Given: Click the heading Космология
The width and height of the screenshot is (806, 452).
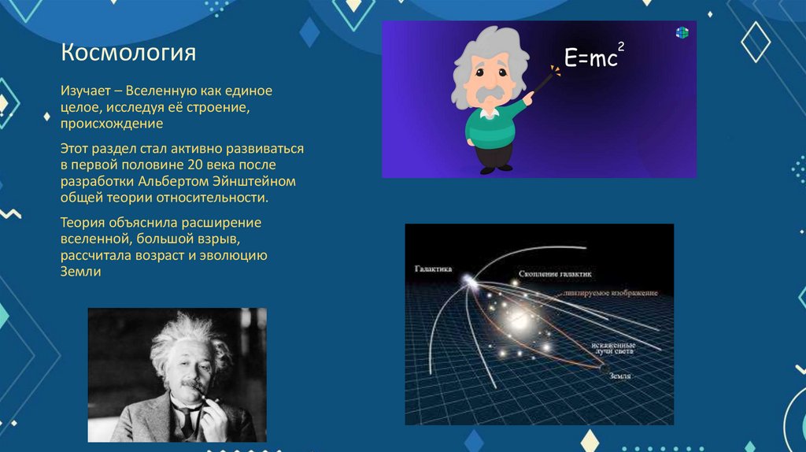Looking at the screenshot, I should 128,55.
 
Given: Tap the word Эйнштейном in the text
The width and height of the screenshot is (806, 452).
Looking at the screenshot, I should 257,180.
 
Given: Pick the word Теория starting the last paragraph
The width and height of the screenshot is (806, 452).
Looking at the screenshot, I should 83,222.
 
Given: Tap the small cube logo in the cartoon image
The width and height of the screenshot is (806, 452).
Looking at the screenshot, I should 682,32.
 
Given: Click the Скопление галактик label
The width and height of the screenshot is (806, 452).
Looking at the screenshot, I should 555,273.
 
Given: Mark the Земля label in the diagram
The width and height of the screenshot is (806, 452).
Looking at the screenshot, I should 620,376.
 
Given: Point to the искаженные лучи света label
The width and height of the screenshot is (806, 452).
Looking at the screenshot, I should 613,350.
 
